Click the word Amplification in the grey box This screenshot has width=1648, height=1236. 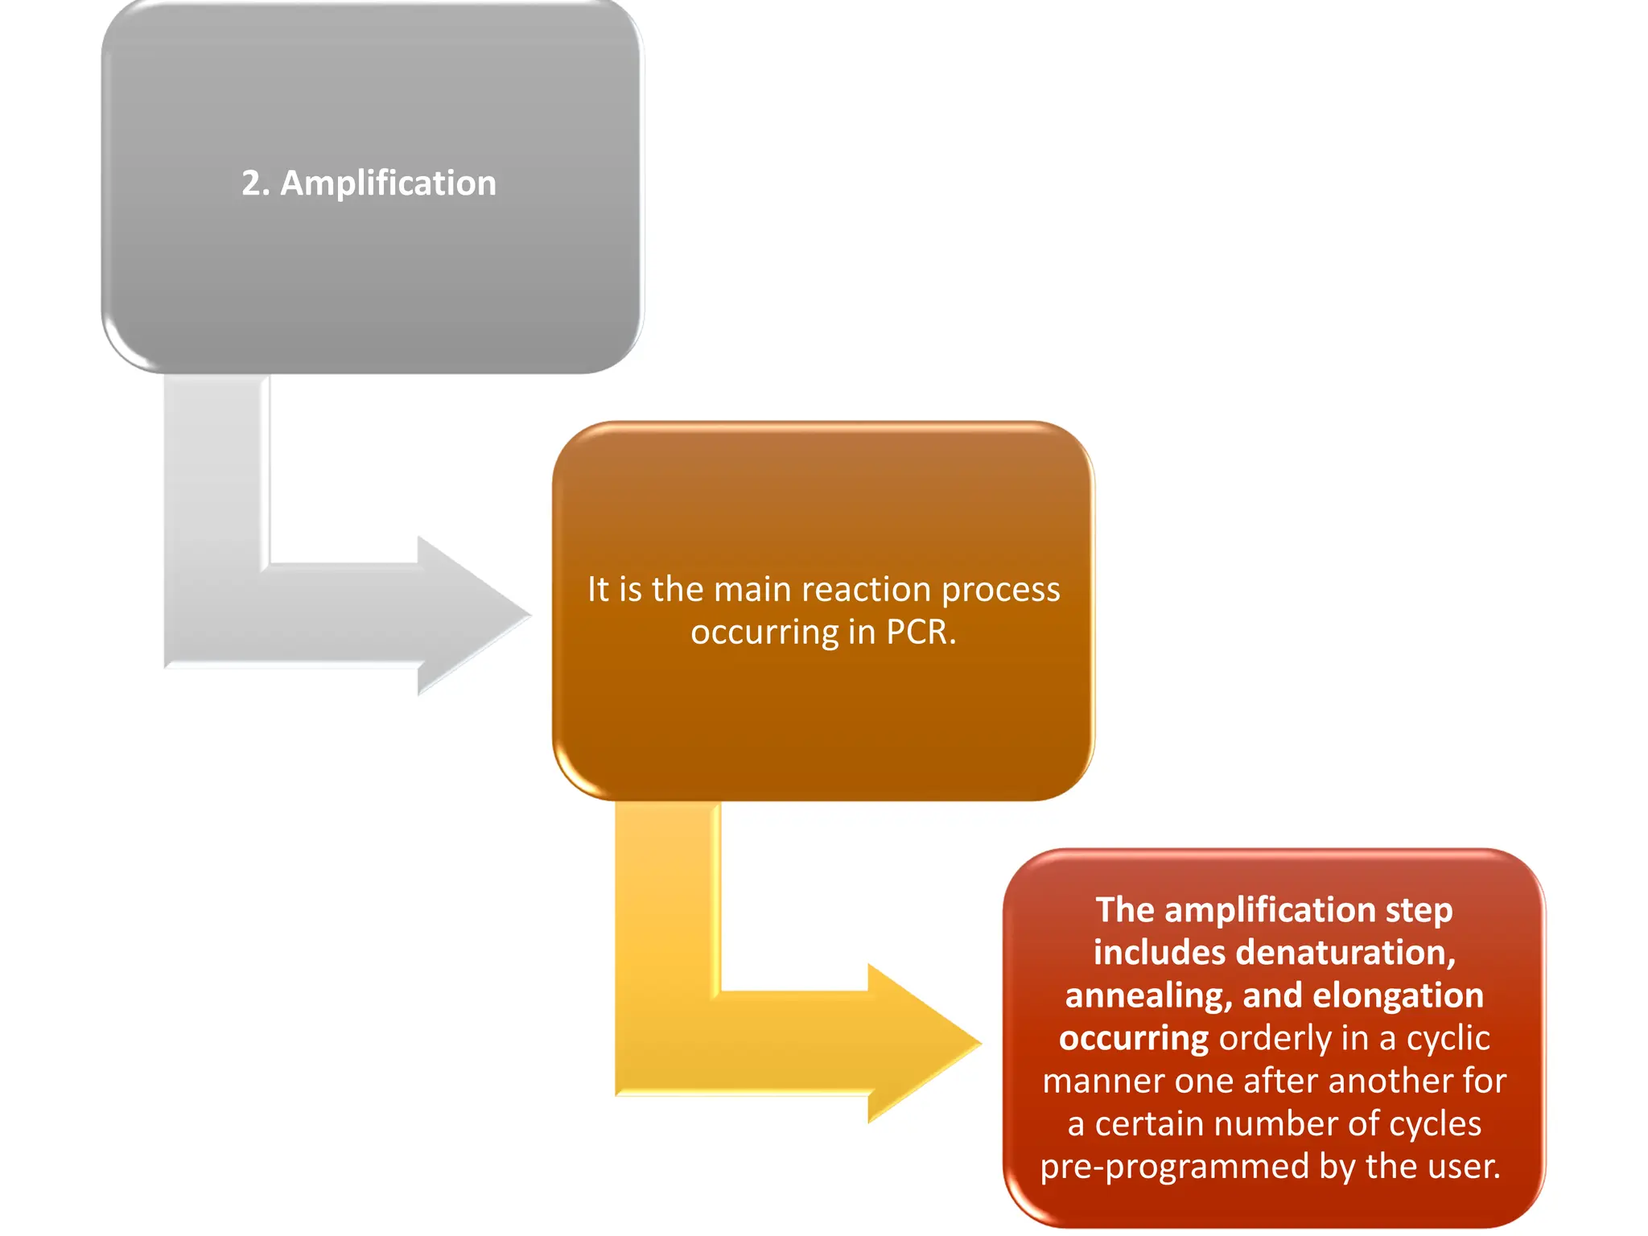point(388,183)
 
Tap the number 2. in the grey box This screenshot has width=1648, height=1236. point(255,183)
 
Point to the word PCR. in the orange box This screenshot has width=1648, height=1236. point(921,632)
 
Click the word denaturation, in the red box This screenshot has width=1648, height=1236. point(1346,953)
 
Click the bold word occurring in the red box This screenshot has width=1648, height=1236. point(1133,1039)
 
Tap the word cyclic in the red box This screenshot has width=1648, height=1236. point(1448,1039)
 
